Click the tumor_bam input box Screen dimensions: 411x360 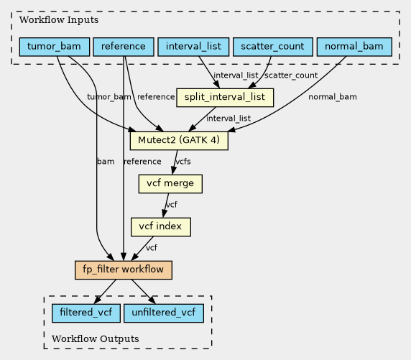pyautogui.click(x=55, y=47)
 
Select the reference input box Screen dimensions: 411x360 pyautogui.click(x=124, y=47)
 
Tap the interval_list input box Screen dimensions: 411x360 pyautogui.click(x=193, y=47)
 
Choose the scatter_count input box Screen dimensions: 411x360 pyautogui.click(x=273, y=47)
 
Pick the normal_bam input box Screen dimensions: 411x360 pyautogui.click(x=354, y=47)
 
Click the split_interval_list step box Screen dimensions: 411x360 pyautogui.click(x=225, y=98)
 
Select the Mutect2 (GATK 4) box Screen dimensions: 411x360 pyautogui.click(x=179, y=141)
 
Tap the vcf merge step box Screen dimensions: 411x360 pyautogui.click(x=170, y=184)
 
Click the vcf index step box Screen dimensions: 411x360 pyautogui.click(x=161, y=227)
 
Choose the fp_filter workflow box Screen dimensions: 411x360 pyautogui.click(x=124, y=270)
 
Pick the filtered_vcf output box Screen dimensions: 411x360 pyautogui.click(x=86, y=313)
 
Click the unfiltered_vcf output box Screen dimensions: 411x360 pyautogui.click(x=164, y=313)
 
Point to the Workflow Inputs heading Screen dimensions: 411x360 pyautogui.click(x=59, y=20)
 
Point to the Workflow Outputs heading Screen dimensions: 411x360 pyautogui.click(x=95, y=338)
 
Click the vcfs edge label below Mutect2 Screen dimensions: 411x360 pyautogui.click(x=183, y=162)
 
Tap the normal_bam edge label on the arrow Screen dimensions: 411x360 pyautogui.click(x=333, y=97)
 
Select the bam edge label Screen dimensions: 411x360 pyautogui.click(x=106, y=162)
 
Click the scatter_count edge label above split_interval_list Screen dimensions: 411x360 pyautogui.click(x=291, y=75)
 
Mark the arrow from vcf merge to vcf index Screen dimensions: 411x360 pyautogui.click(x=166, y=206)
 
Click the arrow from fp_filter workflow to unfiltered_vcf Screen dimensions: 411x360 pyautogui.click(x=144, y=292)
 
